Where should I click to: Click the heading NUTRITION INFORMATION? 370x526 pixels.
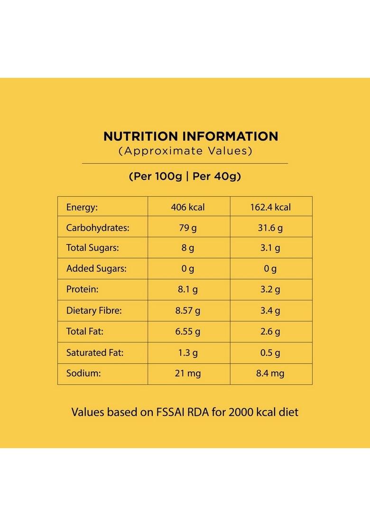[x=191, y=136]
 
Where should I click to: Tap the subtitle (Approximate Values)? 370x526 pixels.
[x=185, y=151]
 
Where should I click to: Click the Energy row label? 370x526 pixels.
[x=82, y=207]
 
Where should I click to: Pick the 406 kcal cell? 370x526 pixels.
[x=188, y=207]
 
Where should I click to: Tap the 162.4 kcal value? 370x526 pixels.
[x=270, y=207]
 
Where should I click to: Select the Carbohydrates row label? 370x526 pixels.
[x=98, y=228]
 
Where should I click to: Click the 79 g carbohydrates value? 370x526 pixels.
[x=188, y=228]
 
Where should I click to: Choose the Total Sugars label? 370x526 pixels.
[x=92, y=248]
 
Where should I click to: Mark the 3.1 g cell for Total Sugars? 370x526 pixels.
[x=270, y=248]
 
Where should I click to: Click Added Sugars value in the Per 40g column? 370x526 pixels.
[x=270, y=269]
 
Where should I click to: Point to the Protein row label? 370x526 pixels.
[x=83, y=290]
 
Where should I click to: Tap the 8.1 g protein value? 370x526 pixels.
[x=188, y=290]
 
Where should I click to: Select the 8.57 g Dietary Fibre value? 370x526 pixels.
[x=188, y=311]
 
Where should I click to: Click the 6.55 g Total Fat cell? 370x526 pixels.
[x=188, y=331]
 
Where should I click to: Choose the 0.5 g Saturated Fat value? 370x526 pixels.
[x=270, y=353]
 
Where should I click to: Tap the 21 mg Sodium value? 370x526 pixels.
[x=188, y=374]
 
